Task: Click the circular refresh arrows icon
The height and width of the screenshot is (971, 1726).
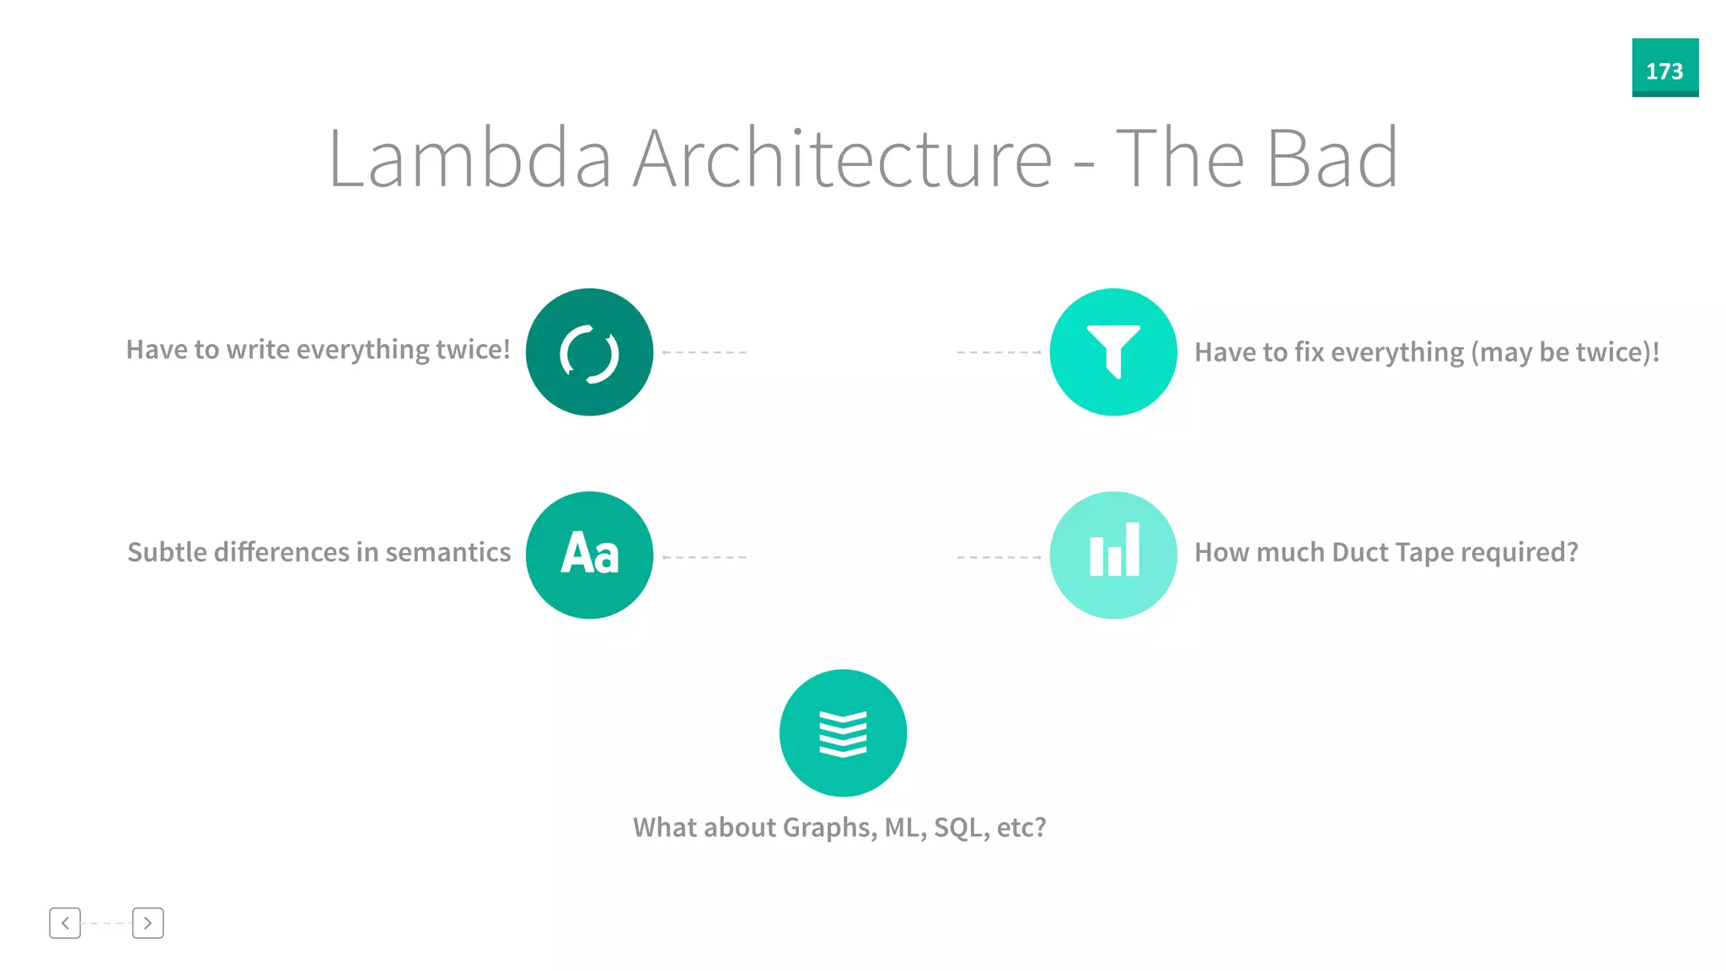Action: [589, 352]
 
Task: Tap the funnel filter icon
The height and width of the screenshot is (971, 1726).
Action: [1113, 352]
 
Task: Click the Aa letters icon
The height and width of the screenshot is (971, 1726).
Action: [589, 555]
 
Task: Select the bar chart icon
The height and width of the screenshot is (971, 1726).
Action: [1113, 555]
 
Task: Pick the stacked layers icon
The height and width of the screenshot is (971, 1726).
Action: [843, 732]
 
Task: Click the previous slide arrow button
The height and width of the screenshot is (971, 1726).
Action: [65, 923]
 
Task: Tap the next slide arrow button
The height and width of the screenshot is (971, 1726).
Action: [147, 923]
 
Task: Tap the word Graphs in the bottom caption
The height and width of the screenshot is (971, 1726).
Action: [828, 828]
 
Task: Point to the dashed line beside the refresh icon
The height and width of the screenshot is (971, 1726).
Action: [705, 352]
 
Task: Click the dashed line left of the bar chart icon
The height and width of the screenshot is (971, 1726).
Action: [999, 557]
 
